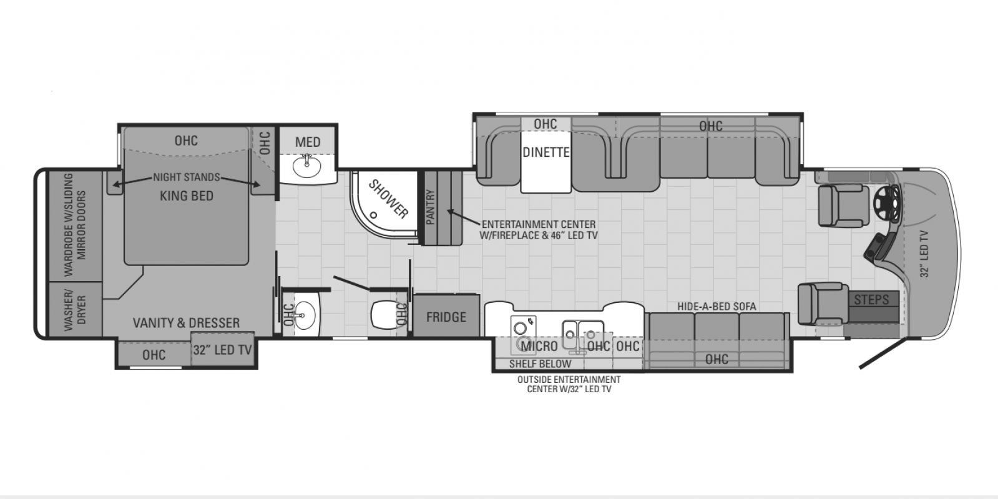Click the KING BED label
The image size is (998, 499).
click(186, 195)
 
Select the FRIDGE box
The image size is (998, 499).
click(446, 316)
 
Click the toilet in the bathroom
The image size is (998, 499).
click(384, 314)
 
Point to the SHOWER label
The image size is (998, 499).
click(388, 199)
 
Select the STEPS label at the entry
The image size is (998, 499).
click(871, 300)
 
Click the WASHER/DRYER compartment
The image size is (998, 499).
click(75, 310)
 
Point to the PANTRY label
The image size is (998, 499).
click(431, 207)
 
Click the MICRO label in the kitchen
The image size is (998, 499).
click(539, 346)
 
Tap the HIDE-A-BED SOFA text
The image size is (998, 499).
click(717, 307)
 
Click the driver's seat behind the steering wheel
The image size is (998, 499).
click(843, 206)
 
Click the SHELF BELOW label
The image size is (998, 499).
click(540, 364)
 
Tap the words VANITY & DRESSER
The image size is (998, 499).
click(186, 323)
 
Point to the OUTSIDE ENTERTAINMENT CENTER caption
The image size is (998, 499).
click(569, 384)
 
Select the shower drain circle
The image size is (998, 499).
click(373, 215)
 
